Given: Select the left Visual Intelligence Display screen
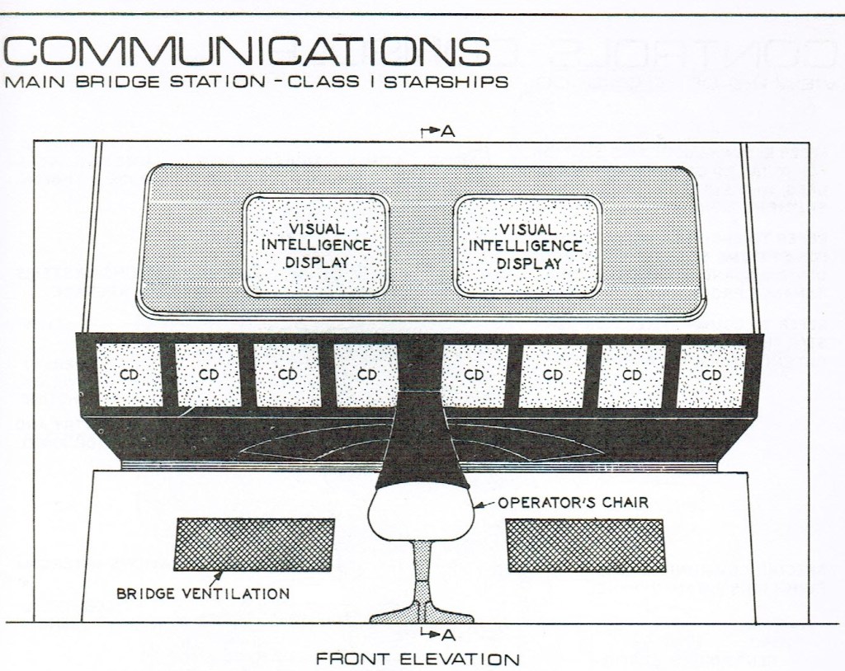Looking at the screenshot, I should pos(315,245).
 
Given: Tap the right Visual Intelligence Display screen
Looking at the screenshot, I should pos(527,245).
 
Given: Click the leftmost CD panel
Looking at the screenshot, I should pos(129,375).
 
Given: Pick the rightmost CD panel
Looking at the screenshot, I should pos(710,375).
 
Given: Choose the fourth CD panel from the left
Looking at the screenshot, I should pos(366,375).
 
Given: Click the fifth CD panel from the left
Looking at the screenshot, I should pos(474,375).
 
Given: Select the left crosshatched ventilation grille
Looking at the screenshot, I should pos(253,545).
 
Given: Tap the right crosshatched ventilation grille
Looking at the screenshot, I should pos(585,546).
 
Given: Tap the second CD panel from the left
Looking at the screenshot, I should pos(208,375).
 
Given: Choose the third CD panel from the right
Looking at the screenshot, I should pos(553,375).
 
